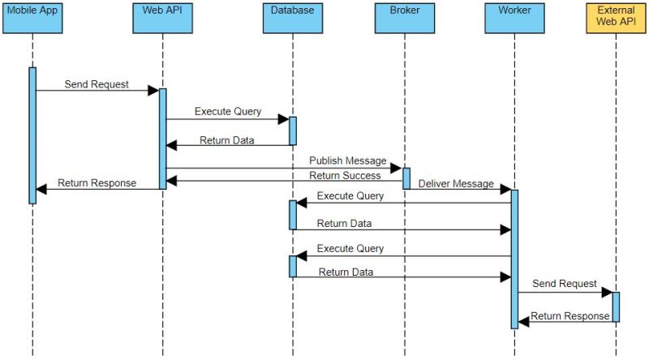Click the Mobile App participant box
point(32,19)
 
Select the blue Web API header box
point(162,19)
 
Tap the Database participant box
point(292,19)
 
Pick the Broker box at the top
point(404,19)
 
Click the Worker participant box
point(514,19)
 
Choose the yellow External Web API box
point(616,19)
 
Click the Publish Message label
point(347,161)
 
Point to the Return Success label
point(345,175)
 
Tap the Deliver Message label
point(456,184)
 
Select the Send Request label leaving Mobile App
point(97,84)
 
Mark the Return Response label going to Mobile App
point(97,182)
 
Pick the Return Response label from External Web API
point(569,315)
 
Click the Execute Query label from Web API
point(227,111)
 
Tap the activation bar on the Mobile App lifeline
point(32,135)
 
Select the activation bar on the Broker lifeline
point(406,178)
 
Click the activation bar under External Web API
point(616,306)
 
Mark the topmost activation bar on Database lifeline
point(292,131)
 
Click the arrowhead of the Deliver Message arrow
point(505,190)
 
